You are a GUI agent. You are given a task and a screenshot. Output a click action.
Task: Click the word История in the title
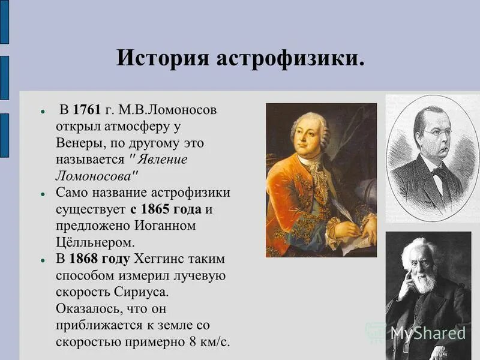[157, 59]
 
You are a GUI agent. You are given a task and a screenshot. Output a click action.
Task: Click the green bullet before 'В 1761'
[43, 112]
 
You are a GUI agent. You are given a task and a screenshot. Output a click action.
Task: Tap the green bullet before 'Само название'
[43, 194]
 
